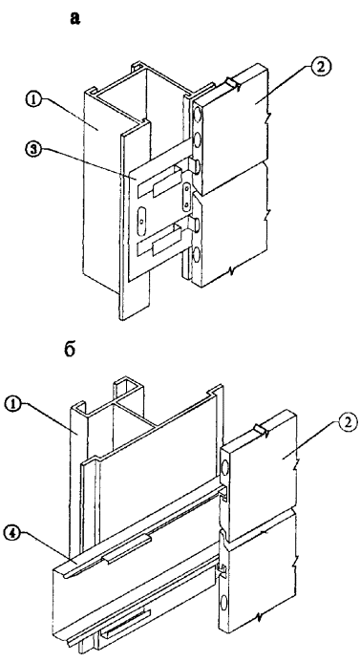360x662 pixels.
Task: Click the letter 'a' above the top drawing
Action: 75,18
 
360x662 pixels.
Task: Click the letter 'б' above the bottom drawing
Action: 70,350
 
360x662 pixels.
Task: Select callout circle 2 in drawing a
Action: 322,67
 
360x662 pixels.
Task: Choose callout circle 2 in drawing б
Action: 349,422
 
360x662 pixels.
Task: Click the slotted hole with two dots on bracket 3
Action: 186,197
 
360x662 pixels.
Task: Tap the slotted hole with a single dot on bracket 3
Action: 142,219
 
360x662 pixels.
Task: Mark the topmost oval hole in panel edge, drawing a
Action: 197,115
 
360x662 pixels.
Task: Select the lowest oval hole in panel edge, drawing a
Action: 197,256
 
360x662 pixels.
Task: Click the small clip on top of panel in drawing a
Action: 233,82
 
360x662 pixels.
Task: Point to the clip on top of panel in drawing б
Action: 261,429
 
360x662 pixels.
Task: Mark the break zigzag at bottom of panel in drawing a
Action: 231,269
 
